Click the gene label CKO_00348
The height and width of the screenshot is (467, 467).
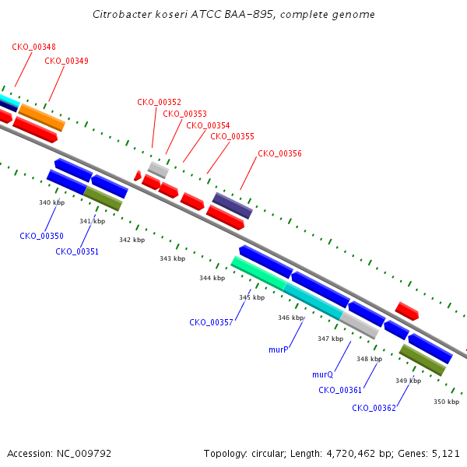coord(33,47)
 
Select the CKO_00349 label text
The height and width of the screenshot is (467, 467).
coord(66,60)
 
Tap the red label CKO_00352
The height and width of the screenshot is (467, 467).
coord(159,102)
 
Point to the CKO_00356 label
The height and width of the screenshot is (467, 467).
coord(279,153)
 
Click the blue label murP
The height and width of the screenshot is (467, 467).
coord(279,349)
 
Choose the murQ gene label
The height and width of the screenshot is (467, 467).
coord(322,374)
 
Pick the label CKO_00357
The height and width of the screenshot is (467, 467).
coord(211,321)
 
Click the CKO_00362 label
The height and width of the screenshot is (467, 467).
coord(374,407)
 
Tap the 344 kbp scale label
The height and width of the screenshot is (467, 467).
coord(212,278)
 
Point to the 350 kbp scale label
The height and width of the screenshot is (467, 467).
coord(446,401)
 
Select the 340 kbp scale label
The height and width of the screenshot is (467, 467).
coord(51,202)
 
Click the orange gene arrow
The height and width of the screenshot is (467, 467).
coord(42,118)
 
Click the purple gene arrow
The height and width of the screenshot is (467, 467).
coord(233,205)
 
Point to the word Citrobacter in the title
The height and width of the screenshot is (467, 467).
coord(120,15)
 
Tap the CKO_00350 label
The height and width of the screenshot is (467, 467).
coord(41,235)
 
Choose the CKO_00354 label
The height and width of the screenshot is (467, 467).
coord(208,125)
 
